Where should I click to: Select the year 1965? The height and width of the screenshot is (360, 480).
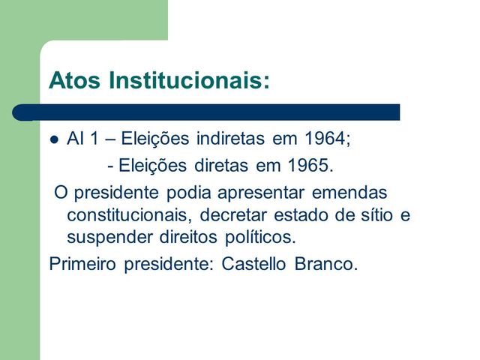click(307, 164)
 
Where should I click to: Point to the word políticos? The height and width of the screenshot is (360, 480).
click(259, 239)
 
